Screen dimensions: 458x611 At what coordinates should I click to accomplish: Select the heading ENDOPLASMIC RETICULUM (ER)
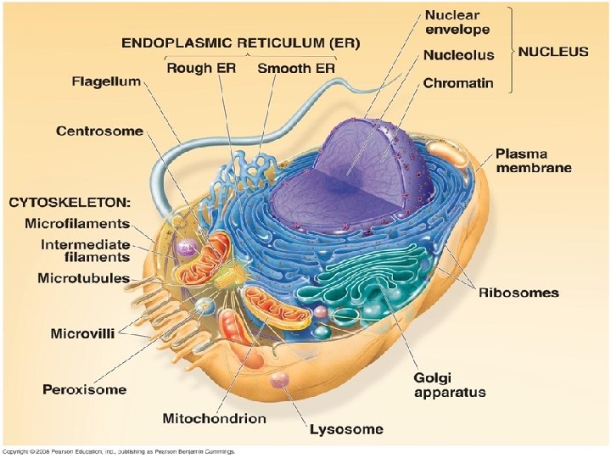[240, 42]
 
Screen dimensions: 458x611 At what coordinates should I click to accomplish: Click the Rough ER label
[200, 68]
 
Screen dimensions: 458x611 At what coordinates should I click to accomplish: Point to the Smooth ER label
[296, 68]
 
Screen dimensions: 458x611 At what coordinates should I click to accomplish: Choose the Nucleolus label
[459, 55]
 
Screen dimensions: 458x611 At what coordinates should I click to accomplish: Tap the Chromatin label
[458, 84]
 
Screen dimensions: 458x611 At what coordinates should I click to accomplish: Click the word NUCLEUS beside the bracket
[553, 51]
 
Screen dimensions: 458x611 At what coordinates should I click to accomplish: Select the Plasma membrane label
[534, 160]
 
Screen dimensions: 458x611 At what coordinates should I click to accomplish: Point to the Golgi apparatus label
[449, 384]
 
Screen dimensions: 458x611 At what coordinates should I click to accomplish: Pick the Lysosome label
[345, 429]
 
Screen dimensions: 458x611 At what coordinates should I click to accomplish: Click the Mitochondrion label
[215, 418]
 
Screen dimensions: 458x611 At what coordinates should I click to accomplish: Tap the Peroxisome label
[85, 389]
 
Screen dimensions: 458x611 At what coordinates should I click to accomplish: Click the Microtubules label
[83, 278]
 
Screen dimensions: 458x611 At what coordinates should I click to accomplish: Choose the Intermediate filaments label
[85, 250]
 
